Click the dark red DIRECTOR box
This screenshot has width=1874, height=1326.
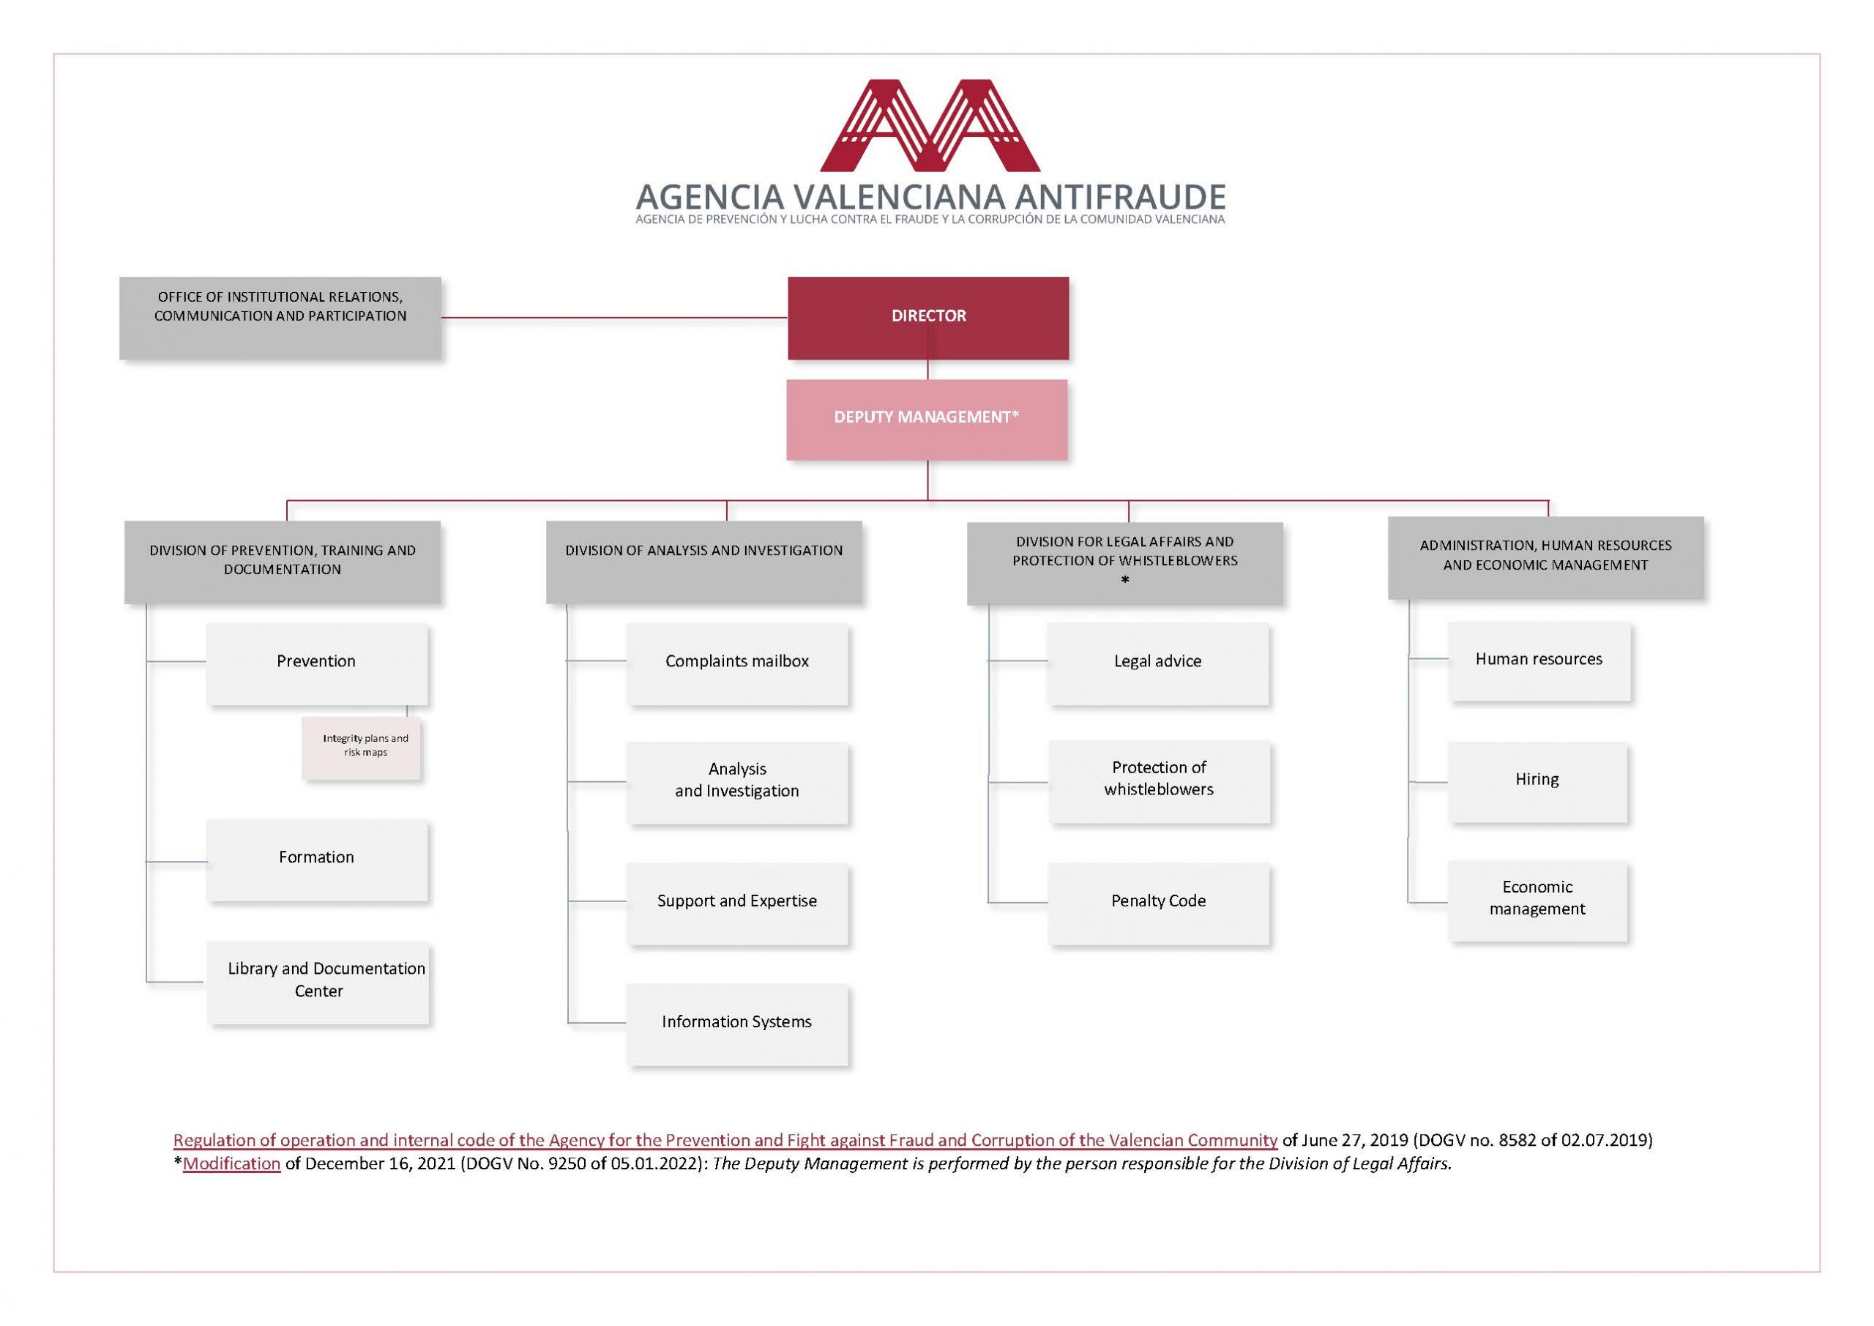click(x=928, y=318)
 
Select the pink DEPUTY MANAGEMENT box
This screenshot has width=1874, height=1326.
click(x=927, y=420)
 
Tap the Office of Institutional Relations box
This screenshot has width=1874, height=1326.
click(x=280, y=318)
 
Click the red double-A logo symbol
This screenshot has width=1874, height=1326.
click(x=930, y=126)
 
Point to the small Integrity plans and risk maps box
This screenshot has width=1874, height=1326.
click(x=362, y=748)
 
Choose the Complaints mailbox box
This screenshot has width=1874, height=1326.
click(x=737, y=664)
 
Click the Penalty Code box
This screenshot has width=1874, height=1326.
click(x=1158, y=904)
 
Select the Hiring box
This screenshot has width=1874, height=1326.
click(x=1538, y=782)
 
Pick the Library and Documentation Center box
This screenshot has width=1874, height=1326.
click(x=318, y=983)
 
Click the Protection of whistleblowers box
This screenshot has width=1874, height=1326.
click(x=1159, y=781)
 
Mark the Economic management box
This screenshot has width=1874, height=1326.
click(x=1538, y=901)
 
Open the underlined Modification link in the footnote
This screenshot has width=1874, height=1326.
click(x=232, y=1163)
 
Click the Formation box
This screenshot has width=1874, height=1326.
click(x=317, y=860)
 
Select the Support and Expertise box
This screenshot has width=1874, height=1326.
click(x=737, y=904)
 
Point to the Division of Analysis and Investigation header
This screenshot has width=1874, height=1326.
click(x=703, y=562)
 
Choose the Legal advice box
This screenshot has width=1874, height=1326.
click(x=1158, y=664)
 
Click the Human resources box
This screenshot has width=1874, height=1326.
click(x=1539, y=661)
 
